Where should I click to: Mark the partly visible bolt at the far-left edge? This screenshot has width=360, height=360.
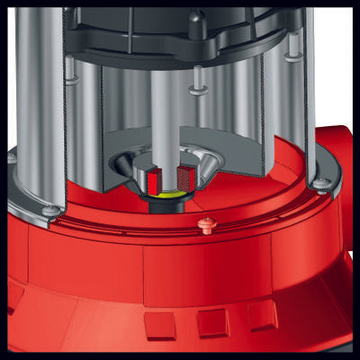point(11,157)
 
